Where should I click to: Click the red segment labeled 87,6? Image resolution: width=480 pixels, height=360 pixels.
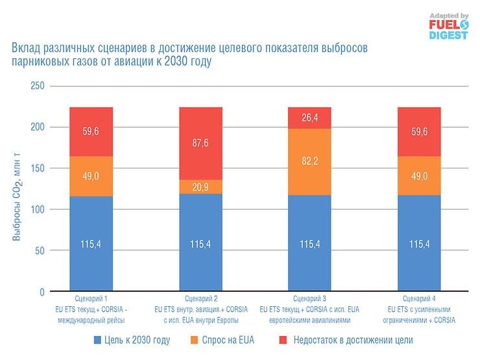(200, 143)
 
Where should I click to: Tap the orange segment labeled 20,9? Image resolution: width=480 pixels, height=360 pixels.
(200, 186)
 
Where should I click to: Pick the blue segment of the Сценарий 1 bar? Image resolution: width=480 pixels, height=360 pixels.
(91, 243)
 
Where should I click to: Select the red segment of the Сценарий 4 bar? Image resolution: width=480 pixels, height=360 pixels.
(419, 132)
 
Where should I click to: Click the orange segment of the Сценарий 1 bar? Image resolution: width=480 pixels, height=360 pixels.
(91, 176)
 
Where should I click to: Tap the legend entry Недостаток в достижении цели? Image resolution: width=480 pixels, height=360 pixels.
(348, 339)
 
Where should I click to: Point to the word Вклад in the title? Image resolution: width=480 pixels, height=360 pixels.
(25, 48)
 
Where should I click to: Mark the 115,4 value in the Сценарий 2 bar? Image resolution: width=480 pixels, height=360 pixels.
(200, 244)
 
